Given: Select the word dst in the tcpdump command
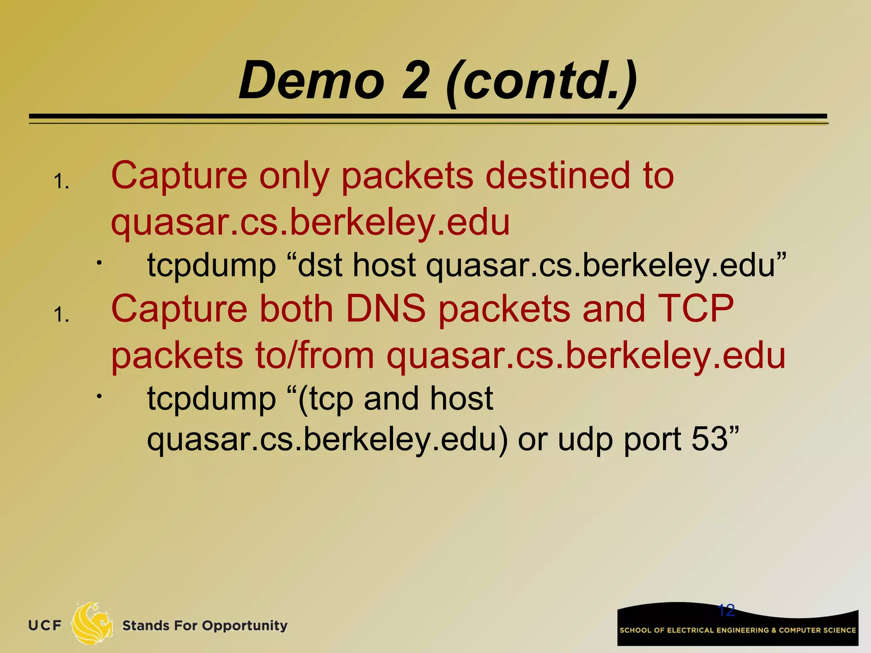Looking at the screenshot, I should [x=320, y=265].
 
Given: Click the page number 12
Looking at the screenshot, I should [x=726, y=610].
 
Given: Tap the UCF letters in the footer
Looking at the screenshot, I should [x=45, y=625].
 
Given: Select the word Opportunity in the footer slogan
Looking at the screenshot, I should [x=245, y=626].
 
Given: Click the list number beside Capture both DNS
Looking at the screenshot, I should [x=61, y=315].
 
